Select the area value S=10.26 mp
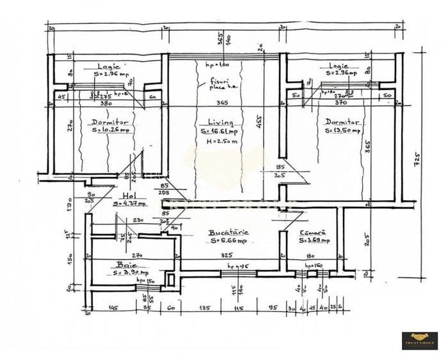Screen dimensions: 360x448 click(x=110, y=130)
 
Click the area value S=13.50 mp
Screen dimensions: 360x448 click(x=342, y=130)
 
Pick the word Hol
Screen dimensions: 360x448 click(x=129, y=196)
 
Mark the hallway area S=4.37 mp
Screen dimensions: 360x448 click(x=129, y=204)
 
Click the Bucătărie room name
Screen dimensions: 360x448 click(x=228, y=233)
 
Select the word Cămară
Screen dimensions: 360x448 click(x=313, y=233)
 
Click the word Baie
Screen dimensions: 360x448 click(x=124, y=263)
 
